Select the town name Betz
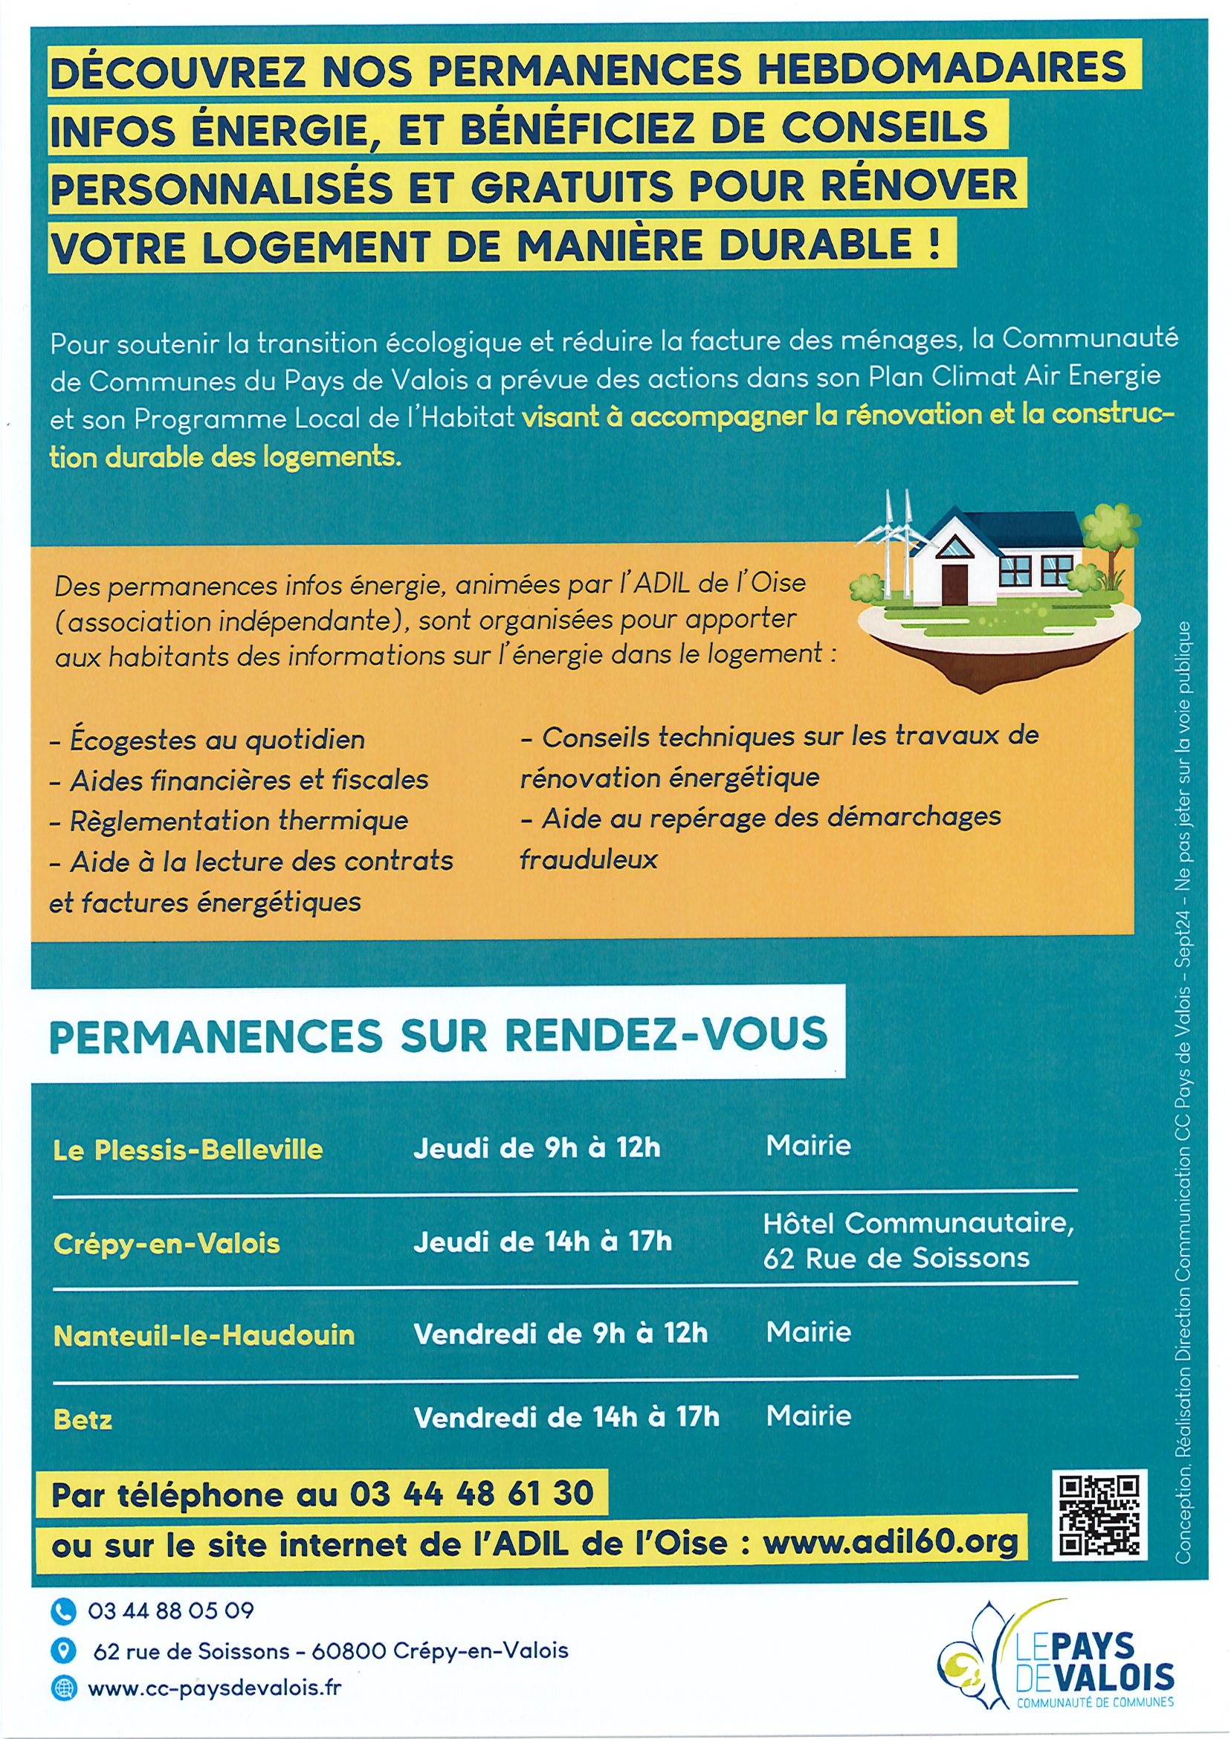(83, 1420)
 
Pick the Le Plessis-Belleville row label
(188, 1150)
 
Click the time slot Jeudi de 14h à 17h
(542, 1242)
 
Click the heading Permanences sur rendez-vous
(437, 1035)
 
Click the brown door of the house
(955, 583)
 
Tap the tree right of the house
(1111, 538)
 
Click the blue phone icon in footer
(64, 1611)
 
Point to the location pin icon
(64, 1651)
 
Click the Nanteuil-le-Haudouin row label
(204, 1335)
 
